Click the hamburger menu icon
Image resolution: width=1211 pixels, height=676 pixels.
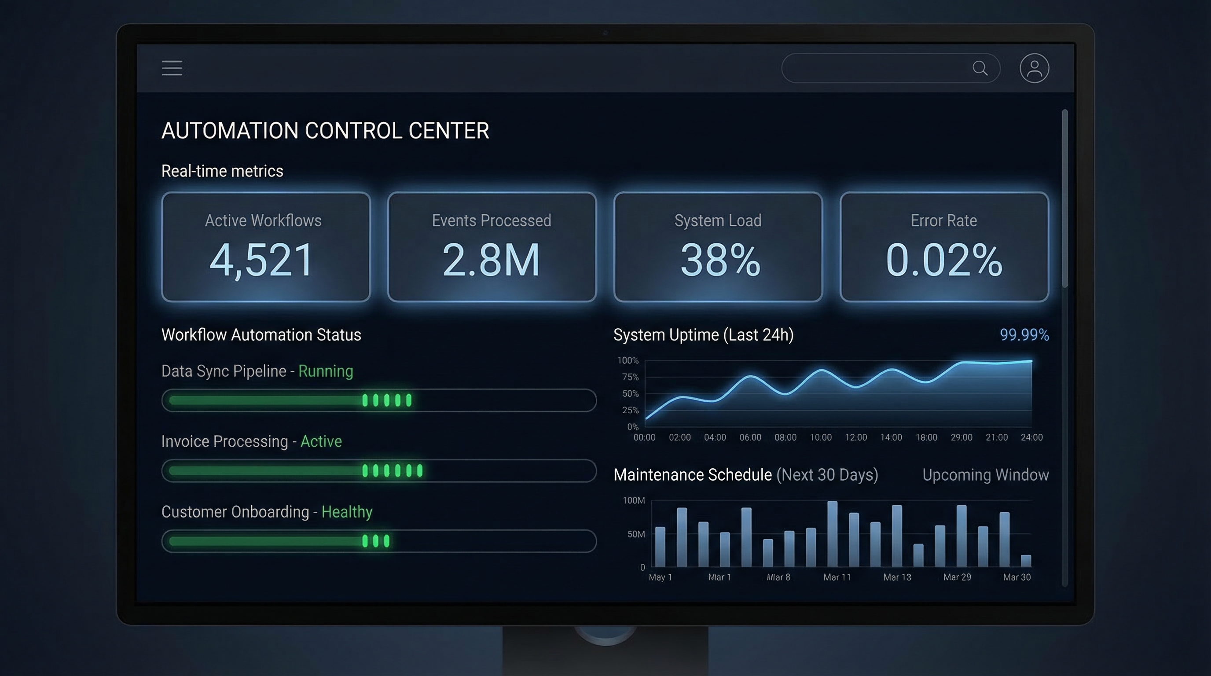tap(172, 68)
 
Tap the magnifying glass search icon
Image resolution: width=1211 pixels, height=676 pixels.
tap(980, 68)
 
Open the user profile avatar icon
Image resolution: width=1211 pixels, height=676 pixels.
tap(1034, 68)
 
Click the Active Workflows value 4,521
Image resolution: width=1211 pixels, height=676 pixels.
tap(261, 260)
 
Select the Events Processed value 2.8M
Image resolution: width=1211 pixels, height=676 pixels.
tap(491, 260)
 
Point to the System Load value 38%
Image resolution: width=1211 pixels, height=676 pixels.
tap(720, 260)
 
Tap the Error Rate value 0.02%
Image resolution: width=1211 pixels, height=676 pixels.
tap(943, 260)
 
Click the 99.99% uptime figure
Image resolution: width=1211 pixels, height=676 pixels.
tap(1024, 335)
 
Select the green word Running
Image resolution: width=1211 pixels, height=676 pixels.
tap(325, 371)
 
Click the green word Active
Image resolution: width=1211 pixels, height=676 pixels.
tap(321, 441)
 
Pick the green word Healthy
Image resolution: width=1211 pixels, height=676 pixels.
tap(347, 512)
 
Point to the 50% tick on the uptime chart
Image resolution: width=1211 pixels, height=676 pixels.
tap(630, 394)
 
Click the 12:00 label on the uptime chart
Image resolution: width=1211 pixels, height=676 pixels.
tap(855, 437)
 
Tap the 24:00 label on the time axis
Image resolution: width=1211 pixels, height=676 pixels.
tap(1031, 437)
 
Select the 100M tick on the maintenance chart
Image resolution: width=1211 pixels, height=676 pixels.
tap(633, 501)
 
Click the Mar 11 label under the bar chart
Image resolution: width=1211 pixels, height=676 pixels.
tap(837, 577)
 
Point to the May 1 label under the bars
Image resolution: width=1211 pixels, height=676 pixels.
tap(660, 577)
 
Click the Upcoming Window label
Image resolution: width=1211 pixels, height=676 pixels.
tap(985, 475)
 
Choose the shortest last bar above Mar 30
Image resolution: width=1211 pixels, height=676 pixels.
tap(1026, 561)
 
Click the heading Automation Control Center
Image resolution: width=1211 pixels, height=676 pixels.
tap(325, 131)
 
